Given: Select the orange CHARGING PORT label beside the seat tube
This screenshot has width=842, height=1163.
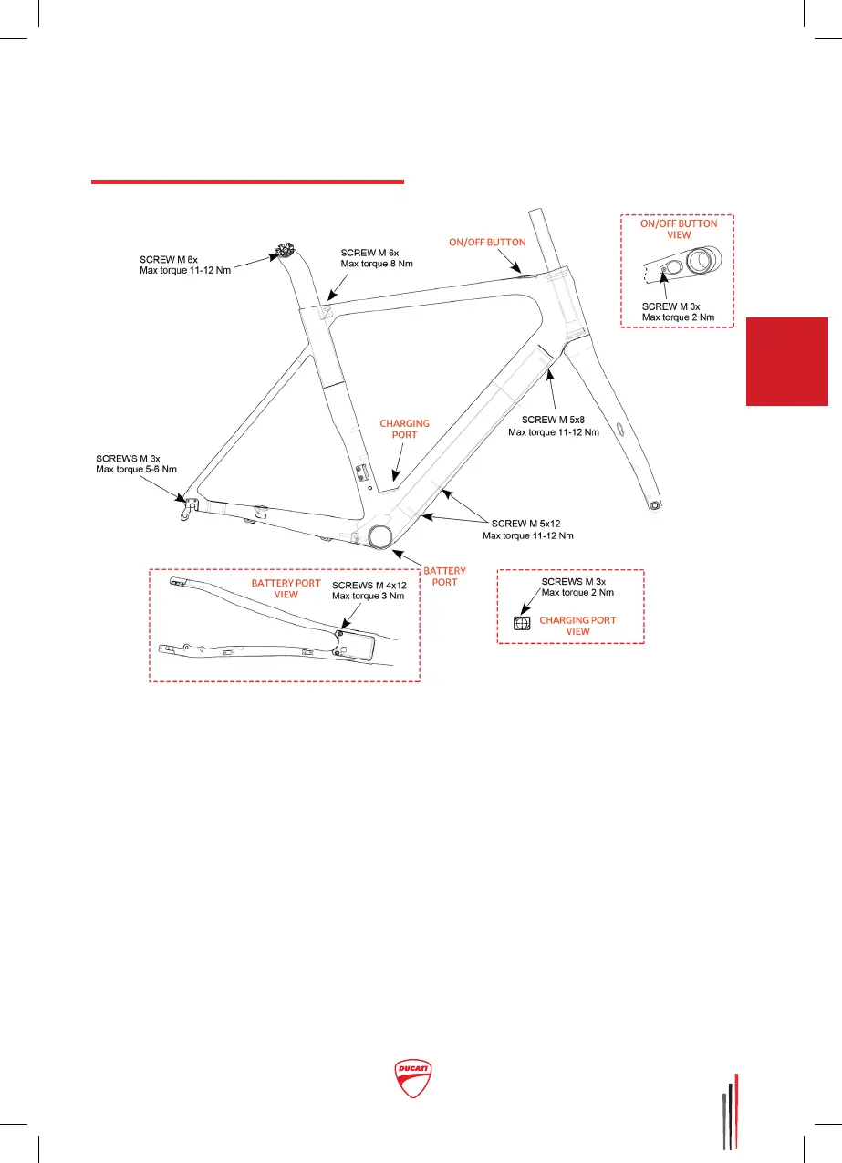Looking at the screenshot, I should click(404, 430).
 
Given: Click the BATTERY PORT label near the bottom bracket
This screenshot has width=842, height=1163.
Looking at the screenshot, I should click(444, 576).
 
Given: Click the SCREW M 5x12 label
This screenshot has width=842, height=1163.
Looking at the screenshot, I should click(528, 524).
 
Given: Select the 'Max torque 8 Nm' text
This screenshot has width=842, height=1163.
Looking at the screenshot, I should click(376, 263).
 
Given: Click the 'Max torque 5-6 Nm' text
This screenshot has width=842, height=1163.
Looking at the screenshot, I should click(137, 469).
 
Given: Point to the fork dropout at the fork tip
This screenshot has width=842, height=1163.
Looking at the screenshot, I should click(654, 504).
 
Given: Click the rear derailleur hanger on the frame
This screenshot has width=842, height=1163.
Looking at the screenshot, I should click(188, 509).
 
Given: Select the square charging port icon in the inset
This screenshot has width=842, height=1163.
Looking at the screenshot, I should click(522, 624).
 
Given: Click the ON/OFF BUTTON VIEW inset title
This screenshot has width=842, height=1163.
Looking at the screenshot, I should click(679, 229).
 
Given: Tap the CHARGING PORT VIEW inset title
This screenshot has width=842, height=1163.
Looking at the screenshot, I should click(577, 626).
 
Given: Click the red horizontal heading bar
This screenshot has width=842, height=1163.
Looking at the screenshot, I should click(247, 182).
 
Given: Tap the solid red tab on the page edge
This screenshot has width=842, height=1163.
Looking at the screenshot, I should click(786, 361).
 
